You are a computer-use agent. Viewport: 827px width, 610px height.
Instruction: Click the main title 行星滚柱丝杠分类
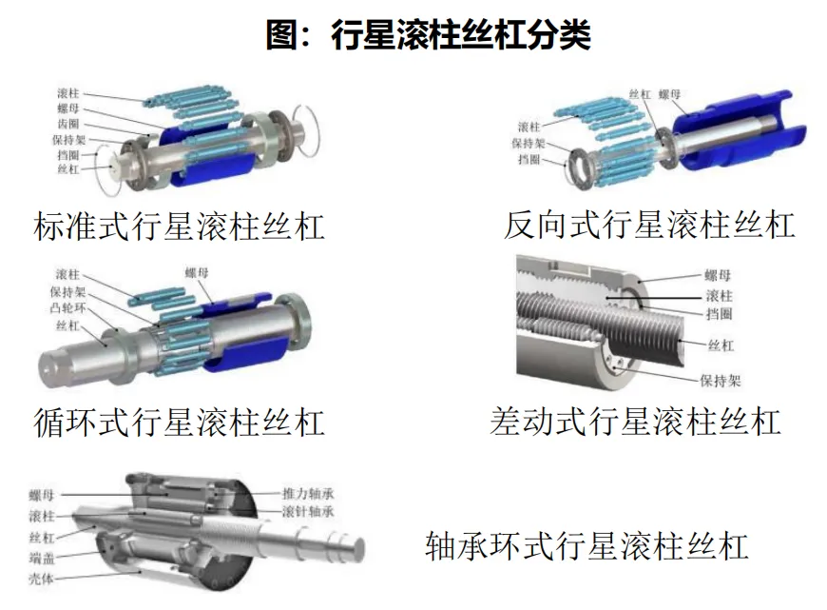click(x=460, y=35)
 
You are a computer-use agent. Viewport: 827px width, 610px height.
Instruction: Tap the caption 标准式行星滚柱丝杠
click(x=179, y=226)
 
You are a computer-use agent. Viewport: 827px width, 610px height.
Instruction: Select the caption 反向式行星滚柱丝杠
click(x=649, y=225)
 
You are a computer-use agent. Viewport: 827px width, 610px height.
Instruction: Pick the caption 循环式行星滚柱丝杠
click(x=179, y=422)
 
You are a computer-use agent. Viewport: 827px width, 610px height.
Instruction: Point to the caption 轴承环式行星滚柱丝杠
click(x=587, y=545)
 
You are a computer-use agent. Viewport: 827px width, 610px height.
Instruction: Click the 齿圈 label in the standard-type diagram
click(x=68, y=124)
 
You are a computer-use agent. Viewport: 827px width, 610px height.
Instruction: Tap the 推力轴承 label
click(x=308, y=494)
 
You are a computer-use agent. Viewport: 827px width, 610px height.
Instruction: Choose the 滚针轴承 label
click(x=308, y=511)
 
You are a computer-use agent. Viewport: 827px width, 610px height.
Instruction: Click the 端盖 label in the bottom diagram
click(x=42, y=558)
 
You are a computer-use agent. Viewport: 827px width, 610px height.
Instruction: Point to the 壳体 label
click(x=42, y=579)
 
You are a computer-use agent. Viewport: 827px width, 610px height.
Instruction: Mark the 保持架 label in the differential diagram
click(x=721, y=381)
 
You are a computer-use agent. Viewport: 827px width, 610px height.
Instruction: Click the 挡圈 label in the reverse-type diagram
click(x=529, y=159)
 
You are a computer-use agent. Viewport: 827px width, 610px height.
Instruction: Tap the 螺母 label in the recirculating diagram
click(x=196, y=272)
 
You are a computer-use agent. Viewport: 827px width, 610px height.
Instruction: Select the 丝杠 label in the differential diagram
click(x=721, y=345)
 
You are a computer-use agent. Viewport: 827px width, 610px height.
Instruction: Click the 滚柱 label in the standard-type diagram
click(x=68, y=93)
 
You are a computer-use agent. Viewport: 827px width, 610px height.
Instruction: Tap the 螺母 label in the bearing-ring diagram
click(x=42, y=496)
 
